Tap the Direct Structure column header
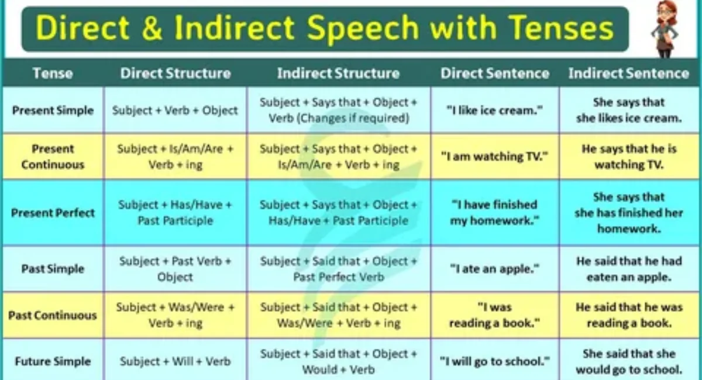click(175, 73)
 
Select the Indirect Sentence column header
click(629, 73)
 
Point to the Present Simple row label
click(53, 110)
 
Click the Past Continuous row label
click(53, 315)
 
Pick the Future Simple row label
click(53, 361)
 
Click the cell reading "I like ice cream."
click(495, 110)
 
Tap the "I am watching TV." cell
click(495, 156)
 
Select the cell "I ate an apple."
click(495, 269)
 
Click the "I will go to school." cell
click(495, 361)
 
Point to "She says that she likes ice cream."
click(629, 110)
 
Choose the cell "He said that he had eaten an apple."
click(629, 269)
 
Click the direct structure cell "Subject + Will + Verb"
click(175, 361)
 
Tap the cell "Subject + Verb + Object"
click(175, 110)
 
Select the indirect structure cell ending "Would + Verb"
click(339, 361)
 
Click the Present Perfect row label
click(53, 213)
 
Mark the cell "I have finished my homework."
click(495, 213)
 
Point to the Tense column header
click(53, 73)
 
